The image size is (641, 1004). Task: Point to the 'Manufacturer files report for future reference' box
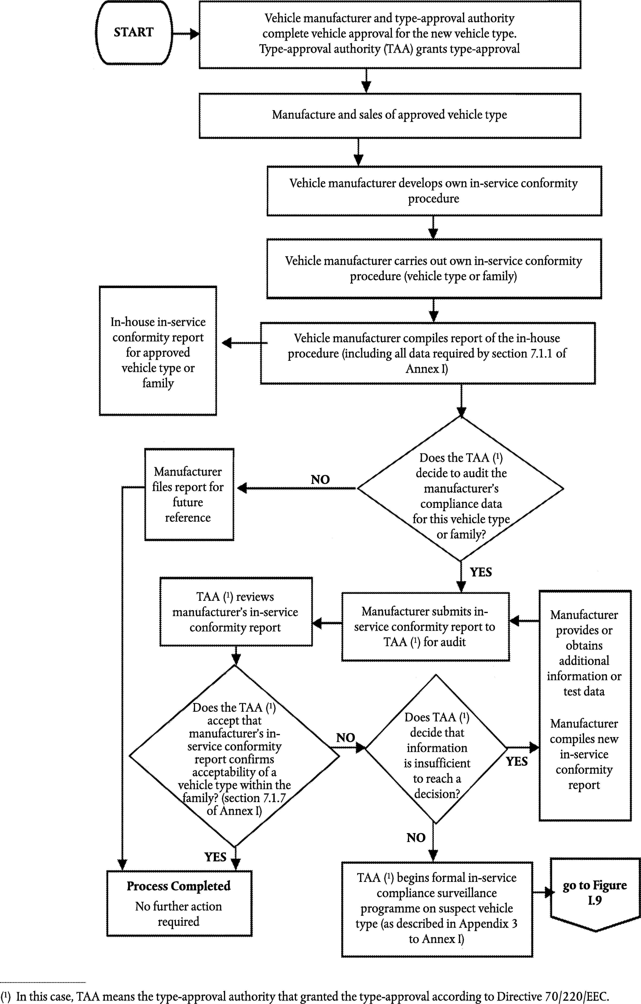[189, 495]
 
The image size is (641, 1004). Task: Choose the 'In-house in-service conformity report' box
[158, 351]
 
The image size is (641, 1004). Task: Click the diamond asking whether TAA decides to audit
[461, 489]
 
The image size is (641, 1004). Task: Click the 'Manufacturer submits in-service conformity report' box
[426, 627]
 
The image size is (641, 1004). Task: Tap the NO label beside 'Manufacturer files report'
[320, 479]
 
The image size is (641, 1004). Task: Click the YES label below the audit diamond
[481, 572]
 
